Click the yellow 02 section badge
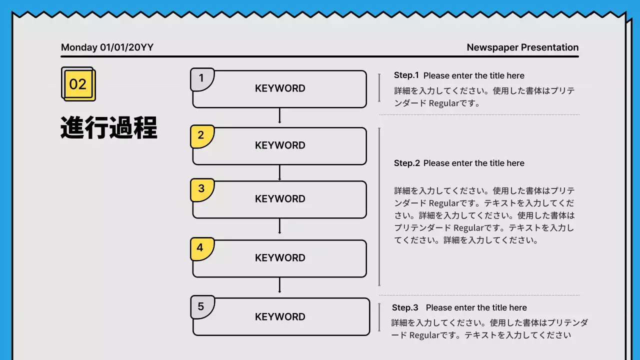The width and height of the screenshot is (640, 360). click(78, 84)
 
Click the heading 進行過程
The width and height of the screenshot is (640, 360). click(109, 128)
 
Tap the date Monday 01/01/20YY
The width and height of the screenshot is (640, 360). click(107, 47)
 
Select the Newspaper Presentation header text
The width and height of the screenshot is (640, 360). click(522, 47)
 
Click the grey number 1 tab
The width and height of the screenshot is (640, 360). click(201, 79)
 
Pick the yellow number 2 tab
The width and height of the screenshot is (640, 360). click(201, 135)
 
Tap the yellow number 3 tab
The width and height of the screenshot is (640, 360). click(201, 189)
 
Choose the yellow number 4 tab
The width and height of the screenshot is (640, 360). click(201, 248)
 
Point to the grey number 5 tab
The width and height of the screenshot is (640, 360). click(201, 306)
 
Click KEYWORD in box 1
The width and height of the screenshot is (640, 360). click(280, 88)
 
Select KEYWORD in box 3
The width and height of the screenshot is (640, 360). click(280, 199)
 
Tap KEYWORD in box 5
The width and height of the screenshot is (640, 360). click(280, 317)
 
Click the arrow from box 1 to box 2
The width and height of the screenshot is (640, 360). click(279, 116)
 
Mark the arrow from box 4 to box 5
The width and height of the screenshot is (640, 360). click(279, 285)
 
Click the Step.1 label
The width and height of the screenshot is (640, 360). click(406, 75)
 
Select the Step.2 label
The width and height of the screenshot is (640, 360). click(407, 163)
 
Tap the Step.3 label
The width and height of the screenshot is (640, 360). click(405, 307)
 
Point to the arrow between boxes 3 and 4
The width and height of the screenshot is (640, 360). click(279, 227)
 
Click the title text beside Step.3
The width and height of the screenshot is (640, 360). click(476, 307)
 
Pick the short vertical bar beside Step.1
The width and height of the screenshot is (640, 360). click(379, 88)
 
